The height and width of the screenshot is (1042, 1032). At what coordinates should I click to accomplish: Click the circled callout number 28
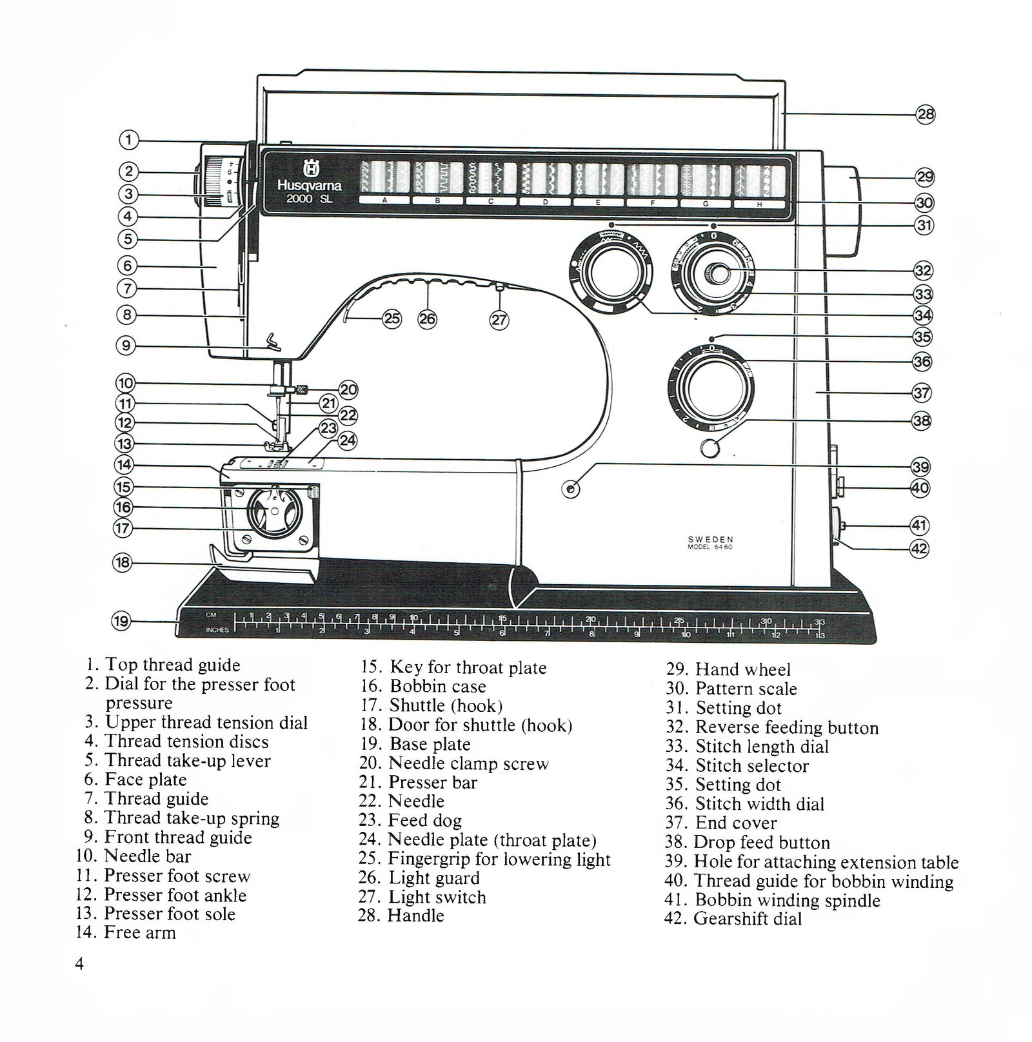click(x=925, y=115)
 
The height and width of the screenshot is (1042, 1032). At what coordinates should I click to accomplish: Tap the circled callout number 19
click(x=121, y=622)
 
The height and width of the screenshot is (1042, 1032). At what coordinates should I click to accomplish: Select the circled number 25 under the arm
click(x=392, y=318)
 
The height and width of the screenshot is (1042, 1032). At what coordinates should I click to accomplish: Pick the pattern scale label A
click(x=384, y=201)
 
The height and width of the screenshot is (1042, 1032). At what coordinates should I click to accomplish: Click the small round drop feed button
click(x=709, y=447)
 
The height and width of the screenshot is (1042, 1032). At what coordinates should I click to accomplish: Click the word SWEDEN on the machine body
click(x=709, y=540)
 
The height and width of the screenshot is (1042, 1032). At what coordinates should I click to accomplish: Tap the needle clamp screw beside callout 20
click(x=301, y=389)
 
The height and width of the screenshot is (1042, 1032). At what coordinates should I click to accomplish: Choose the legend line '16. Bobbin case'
click(x=423, y=687)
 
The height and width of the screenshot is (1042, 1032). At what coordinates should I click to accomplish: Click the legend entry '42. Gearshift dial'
click(x=733, y=919)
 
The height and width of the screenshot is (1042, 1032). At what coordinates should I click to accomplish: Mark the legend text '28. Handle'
click(x=402, y=916)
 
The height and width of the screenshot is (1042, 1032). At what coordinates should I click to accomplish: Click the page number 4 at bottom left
click(x=79, y=965)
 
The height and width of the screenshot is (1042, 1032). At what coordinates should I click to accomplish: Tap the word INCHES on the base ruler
click(x=217, y=630)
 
